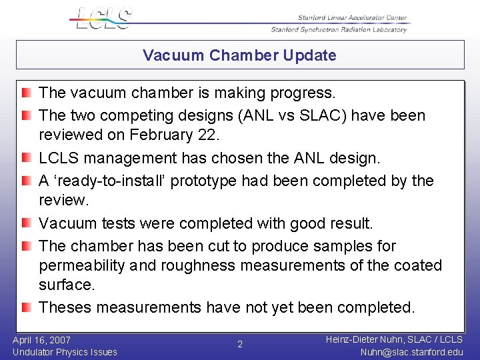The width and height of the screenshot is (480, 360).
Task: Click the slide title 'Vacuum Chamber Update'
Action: (x=239, y=55)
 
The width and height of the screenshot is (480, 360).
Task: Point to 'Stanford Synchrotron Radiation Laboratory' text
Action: (x=339, y=29)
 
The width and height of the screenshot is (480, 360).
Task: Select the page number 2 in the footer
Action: (x=240, y=345)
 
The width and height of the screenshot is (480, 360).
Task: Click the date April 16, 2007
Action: (x=41, y=340)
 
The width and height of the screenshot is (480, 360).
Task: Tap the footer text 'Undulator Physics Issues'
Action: (x=65, y=352)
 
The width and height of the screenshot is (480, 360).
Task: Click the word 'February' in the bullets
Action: (x=160, y=135)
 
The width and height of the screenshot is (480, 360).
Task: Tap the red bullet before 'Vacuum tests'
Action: (x=26, y=223)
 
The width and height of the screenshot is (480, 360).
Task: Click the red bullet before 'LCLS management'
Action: (x=26, y=159)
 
